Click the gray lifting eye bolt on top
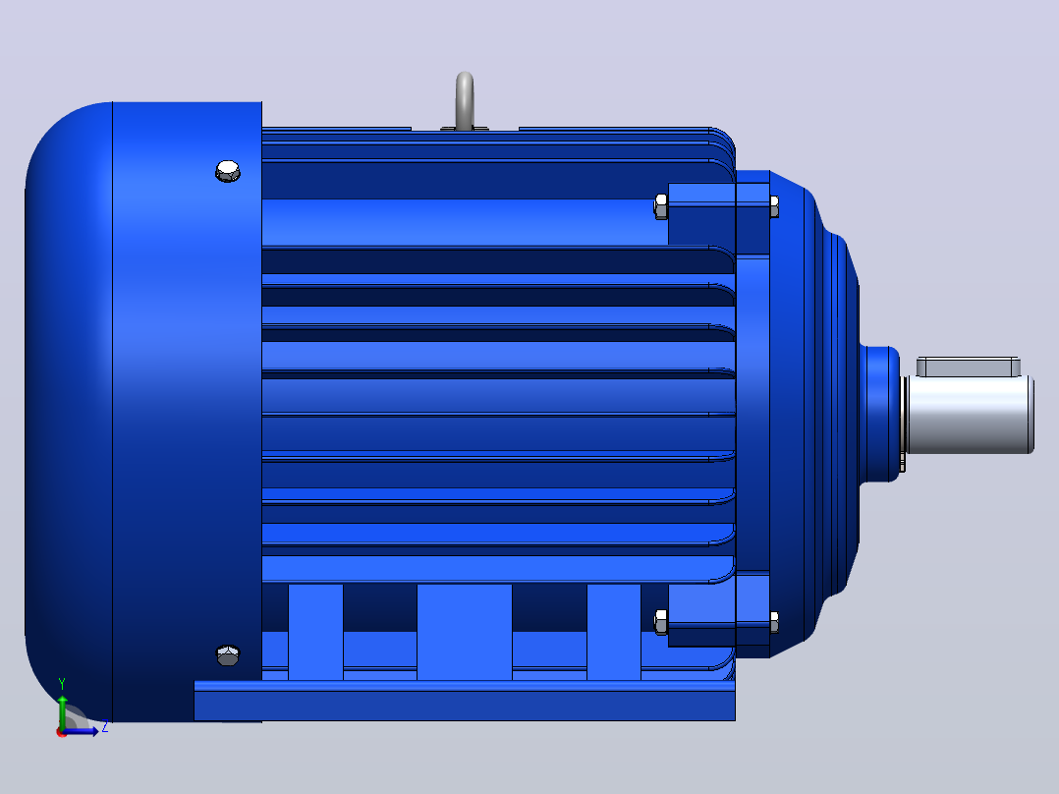(x=465, y=100)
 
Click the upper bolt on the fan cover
(x=228, y=171)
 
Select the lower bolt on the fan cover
(x=228, y=654)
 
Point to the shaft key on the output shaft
(x=969, y=367)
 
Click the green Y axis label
(x=62, y=684)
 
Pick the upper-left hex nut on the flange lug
(x=661, y=206)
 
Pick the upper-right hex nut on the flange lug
(x=774, y=206)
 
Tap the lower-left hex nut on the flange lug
(x=661, y=622)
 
